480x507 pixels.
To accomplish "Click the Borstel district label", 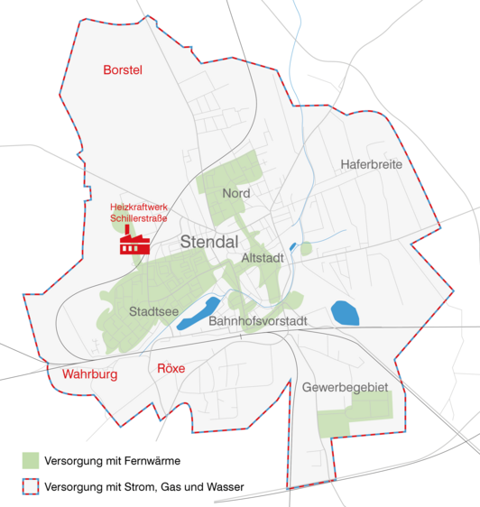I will (124, 69).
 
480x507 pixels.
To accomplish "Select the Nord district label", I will (235, 193).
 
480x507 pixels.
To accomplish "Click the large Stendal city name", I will (208, 242).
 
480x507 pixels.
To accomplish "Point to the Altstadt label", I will (263, 258).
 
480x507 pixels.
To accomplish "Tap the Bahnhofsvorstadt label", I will (258, 321).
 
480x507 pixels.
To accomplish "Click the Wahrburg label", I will (89, 373).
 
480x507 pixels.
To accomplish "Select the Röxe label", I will (171, 368).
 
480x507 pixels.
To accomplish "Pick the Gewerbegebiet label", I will (345, 387).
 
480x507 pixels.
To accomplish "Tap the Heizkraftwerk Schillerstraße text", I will (139, 213).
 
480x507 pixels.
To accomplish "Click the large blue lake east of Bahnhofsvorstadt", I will (345, 313).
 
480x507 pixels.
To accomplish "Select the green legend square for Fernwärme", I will (33, 460).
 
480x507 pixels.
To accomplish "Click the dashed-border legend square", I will (33, 487).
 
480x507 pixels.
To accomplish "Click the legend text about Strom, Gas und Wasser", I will (143, 487).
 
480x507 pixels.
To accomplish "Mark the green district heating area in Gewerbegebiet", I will (355, 416).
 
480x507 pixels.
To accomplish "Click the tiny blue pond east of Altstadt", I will (293, 246).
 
